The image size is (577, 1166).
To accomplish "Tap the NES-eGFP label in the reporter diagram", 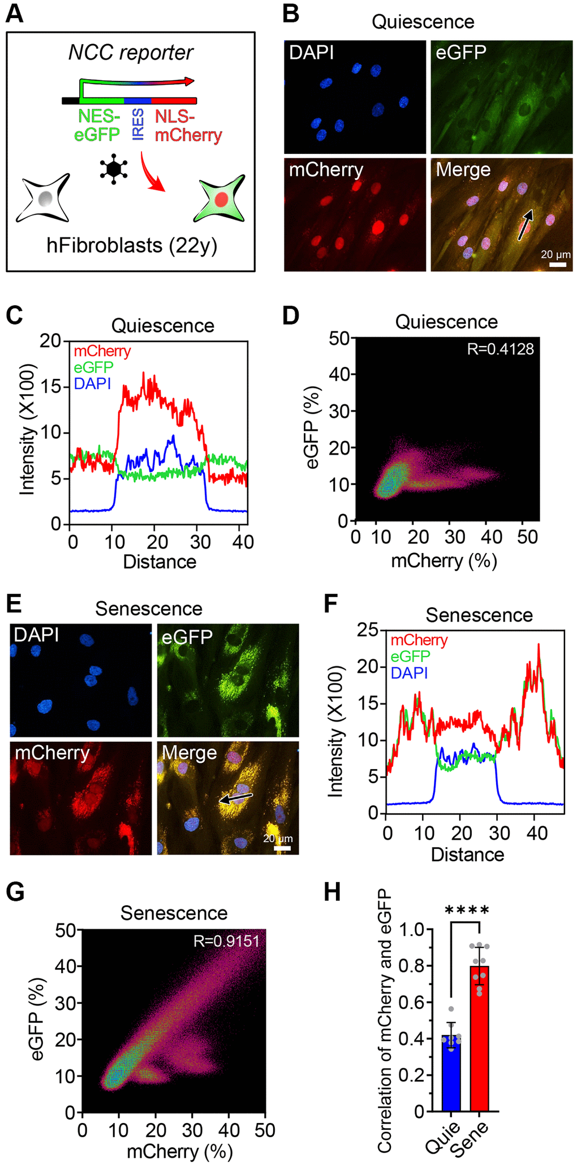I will [x=99, y=126].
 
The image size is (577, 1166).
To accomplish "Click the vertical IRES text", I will [x=137, y=125].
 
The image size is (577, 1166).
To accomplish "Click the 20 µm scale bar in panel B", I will [x=557, y=264].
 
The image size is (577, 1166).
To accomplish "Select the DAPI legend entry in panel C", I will [x=92, y=384].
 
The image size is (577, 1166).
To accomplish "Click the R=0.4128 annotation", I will [x=500, y=349].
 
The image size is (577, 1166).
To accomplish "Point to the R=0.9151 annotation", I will [x=226, y=941].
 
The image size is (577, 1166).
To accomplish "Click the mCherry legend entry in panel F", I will [x=419, y=640].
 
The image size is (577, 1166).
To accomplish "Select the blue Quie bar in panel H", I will [x=451, y=1073].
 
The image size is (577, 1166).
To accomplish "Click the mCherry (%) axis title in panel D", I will [x=443, y=560].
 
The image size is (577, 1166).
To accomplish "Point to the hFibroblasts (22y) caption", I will [x=131, y=245].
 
